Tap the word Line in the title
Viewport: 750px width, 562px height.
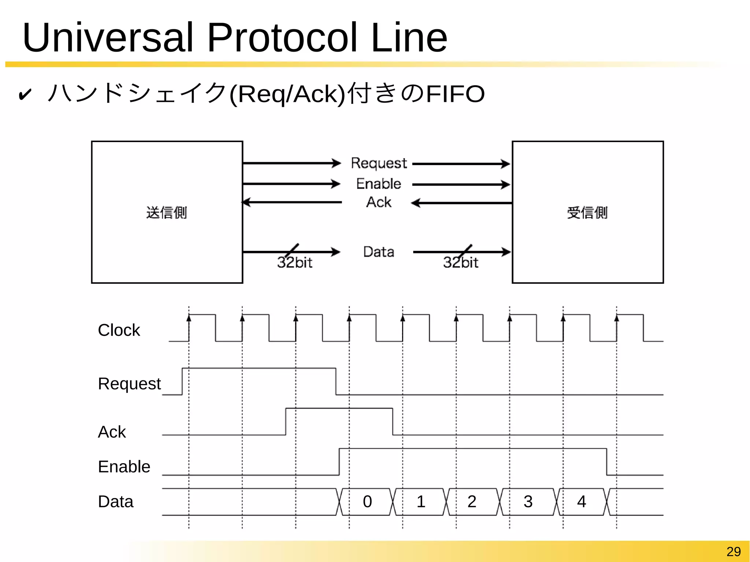coord(409,37)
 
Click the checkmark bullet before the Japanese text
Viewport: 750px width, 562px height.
coord(25,94)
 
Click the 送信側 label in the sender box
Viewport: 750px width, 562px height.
coord(167,213)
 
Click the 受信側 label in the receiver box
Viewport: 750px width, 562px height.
coord(587,213)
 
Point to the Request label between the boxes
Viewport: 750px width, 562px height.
coord(379,163)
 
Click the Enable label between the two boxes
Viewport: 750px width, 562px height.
coord(379,184)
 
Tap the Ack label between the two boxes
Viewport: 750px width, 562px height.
coord(379,202)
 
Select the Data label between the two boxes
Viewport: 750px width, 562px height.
coord(379,252)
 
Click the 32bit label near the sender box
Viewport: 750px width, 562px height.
coord(295,263)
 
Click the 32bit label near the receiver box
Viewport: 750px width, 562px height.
coord(461,263)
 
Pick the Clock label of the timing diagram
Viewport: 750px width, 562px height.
coord(119,330)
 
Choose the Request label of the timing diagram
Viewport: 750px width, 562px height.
coord(129,384)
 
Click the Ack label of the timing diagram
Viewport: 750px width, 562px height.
coord(112,432)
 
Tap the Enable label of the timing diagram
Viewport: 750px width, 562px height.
coord(124,467)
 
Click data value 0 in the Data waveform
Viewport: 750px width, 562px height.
coord(367,502)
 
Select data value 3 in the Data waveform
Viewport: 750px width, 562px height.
coord(528,502)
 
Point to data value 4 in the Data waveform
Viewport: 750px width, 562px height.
coord(582,502)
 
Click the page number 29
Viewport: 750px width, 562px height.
coord(734,551)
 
